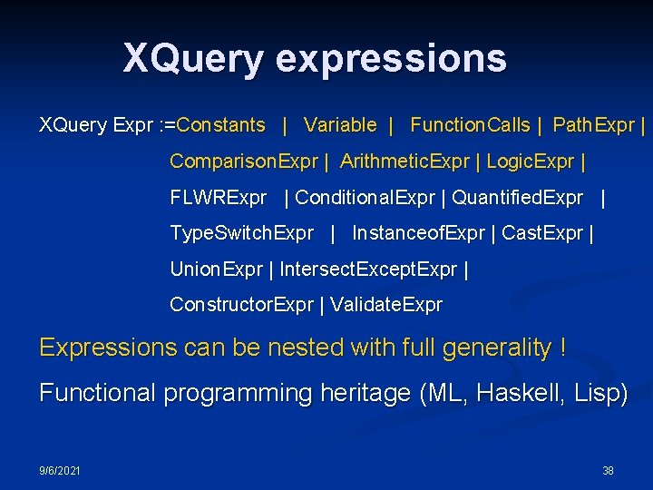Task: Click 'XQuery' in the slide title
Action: pyautogui.click(x=193, y=59)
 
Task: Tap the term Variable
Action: pyautogui.click(x=340, y=125)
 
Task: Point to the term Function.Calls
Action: pyautogui.click(x=470, y=125)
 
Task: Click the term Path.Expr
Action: pyautogui.click(x=593, y=125)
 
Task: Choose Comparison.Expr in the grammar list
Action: pyautogui.click(x=244, y=162)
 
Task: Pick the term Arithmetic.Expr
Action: pyautogui.click(x=404, y=162)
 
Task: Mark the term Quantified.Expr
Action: pyautogui.click(x=517, y=197)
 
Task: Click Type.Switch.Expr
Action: pyautogui.click(x=241, y=233)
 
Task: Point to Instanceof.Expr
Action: pyautogui.click(x=418, y=233)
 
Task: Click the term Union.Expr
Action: pyautogui.click(x=216, y=269)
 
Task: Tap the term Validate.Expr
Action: pyautogui.click(x=386, y=305)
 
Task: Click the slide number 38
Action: pyautogui.click(x=608, y=471)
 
